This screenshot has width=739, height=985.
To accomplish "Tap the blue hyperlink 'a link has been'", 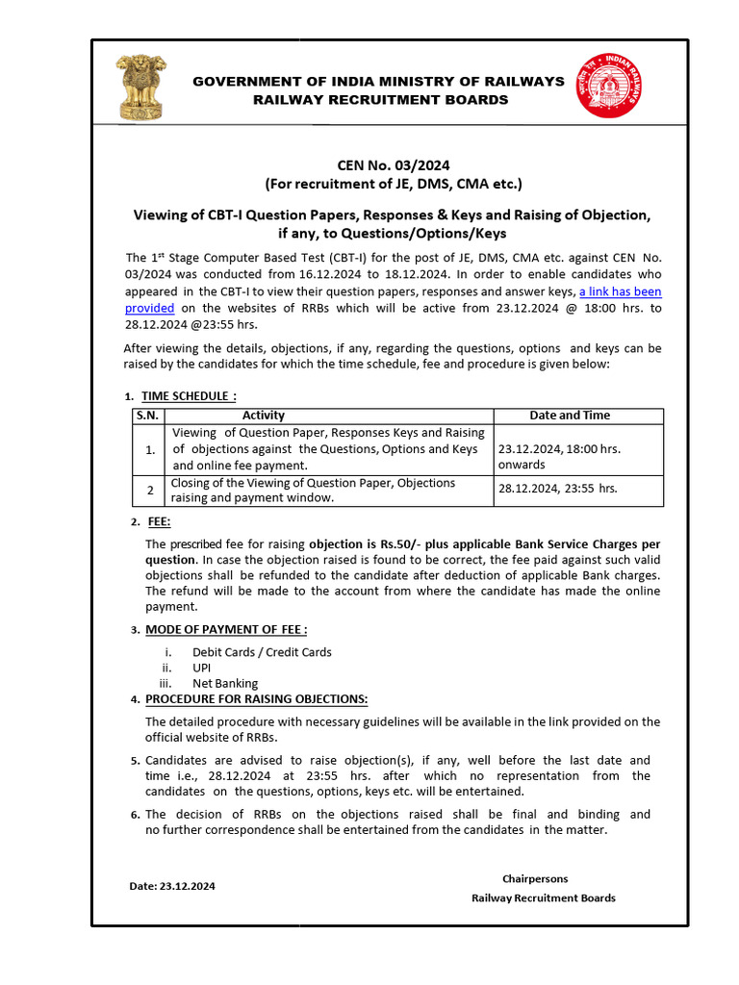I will [619, 290].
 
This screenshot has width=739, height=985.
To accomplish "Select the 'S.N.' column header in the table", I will [148, 415].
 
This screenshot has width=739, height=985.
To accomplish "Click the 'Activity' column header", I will [263, 415].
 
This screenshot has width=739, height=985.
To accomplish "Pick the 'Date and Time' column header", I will [570, 415].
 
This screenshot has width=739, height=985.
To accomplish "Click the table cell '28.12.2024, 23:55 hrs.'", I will [557, 489].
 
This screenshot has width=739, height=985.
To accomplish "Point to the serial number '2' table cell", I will [150, 491].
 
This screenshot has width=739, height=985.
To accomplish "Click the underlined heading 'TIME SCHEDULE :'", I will [189, 395].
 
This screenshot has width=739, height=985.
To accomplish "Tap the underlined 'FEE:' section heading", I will [160, 521].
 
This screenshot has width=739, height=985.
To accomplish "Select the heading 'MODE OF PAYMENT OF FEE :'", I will [226, 629].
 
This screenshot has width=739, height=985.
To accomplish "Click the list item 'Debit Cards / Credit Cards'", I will [262, 651].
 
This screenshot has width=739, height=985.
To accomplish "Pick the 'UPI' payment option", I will [201, 668].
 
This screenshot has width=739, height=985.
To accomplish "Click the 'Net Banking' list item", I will [225, 684].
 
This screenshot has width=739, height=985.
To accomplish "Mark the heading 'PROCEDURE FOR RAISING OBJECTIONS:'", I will [256, 699].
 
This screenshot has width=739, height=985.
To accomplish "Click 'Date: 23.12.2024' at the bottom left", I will [172, 886].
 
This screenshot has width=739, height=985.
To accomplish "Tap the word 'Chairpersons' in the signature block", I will [535, 878].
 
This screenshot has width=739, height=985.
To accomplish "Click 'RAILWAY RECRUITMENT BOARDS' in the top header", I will [380, 100].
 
